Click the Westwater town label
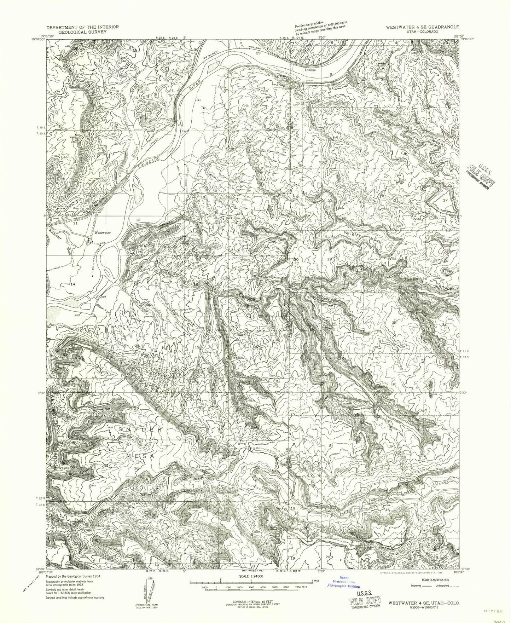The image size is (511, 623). pyautogui.click(x=103, y=233)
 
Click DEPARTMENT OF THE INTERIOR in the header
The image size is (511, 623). pyautogui.click(x=83, y=27)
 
